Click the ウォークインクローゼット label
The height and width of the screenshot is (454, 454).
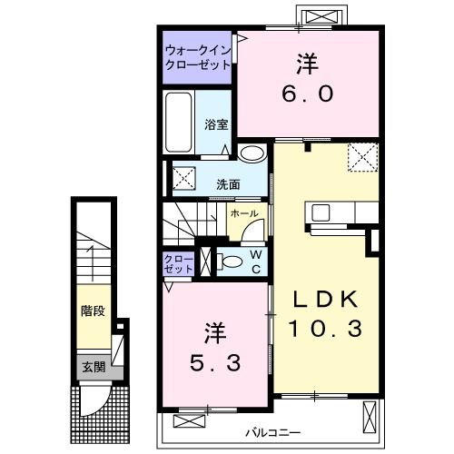[x=198, y=57]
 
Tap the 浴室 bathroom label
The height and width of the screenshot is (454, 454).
[x=216, y=124]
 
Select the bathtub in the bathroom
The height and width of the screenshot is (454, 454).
[x=179, y=123]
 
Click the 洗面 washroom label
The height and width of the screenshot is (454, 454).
[x=228, y=184]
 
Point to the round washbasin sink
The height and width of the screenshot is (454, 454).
[x=252, y=153]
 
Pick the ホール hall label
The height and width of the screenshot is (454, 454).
[x=244, y=213]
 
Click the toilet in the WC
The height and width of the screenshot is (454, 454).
[x=229, y=262]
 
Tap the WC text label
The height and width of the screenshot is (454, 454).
[x=256, y=262]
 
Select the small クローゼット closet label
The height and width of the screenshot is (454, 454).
[x=178, y=264]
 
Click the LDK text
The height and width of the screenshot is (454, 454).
[x=325, y=299]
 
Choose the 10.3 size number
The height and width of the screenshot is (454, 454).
[x=325, y=329]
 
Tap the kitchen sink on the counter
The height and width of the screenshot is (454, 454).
[x=321, y=212]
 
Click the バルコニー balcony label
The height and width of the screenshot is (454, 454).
[x=272, y=432]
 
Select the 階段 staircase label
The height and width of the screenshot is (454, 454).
[x=93, y=311]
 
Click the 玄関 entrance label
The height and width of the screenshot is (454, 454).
[x=94, y=367]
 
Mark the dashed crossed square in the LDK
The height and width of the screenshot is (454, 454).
[x=363, y=157]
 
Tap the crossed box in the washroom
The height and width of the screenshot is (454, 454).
[x=184, y=178]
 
